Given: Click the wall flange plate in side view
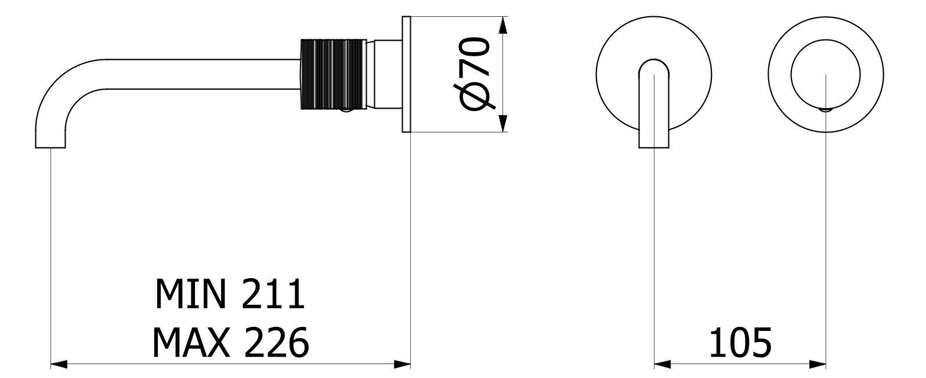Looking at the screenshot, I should tap(406, 74).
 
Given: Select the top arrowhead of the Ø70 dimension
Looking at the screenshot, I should tap(502, 24).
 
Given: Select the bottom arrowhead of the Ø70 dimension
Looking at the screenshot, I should tap(502, 124).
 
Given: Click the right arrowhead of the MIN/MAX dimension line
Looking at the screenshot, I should tap(403, 365).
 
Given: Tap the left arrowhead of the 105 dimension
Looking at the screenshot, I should tap(662, 365).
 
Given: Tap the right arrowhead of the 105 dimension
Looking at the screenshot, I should tap(818, 365).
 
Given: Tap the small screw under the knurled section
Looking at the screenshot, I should tap(346, 110).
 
